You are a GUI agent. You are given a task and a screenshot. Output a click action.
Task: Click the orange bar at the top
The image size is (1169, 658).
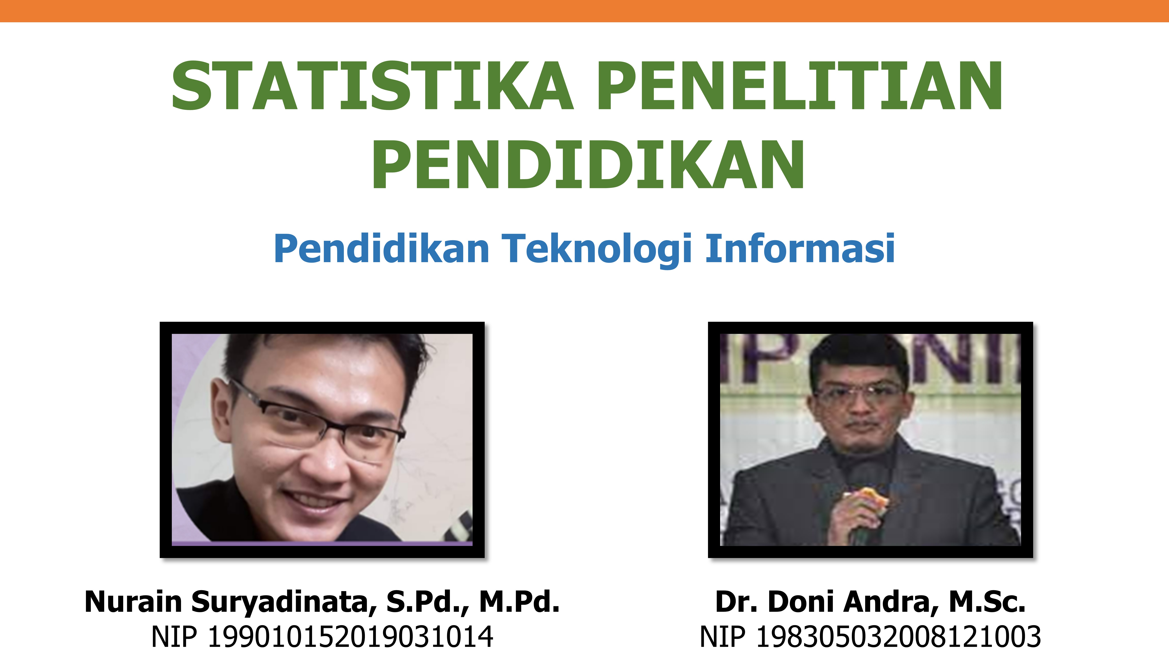(585, 11)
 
